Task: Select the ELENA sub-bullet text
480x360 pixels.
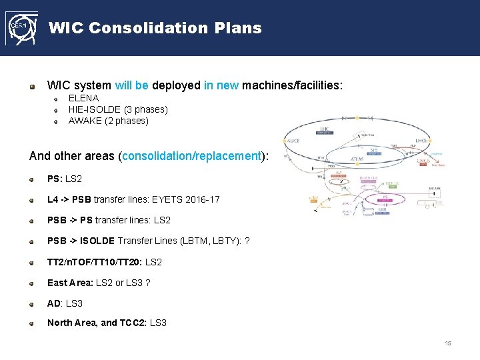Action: (83, 98)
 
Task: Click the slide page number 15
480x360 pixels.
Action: (448, 343)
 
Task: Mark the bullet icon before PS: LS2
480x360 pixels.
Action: (32, 179)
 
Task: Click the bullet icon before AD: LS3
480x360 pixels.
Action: (32, 303)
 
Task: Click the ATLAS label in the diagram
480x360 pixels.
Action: (359, 159)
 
